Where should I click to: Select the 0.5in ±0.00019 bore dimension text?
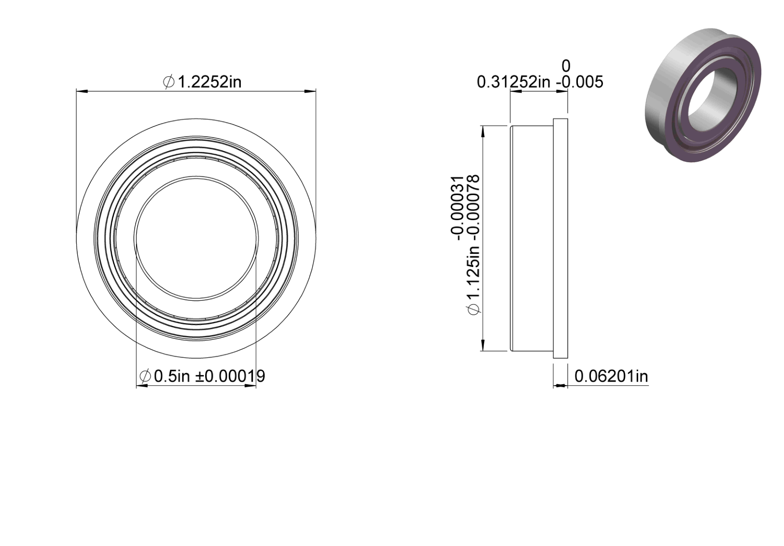pyautogui.click(x=202, y=376)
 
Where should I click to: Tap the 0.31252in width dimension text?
pyautogui.click(x=514, y=83)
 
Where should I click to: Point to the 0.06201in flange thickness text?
pyautogui.click(x=611, y=377)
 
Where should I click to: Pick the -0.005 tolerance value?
pyautogui.click(x=579, y=83)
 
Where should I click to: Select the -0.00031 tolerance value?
pyautogui.click(x=458, y=208)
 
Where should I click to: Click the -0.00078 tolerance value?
pyautogui.click(x=474, y=208)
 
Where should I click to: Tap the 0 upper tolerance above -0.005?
pyautogui.click(x=566, y=66)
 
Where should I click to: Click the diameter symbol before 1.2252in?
pyautogui.click(x=168, y=82)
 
